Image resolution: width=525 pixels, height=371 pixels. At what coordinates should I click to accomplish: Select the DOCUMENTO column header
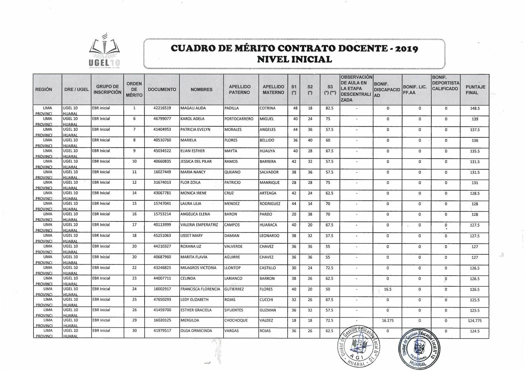[x=162, y=89]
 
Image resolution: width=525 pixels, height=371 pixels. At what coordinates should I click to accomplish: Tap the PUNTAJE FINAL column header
[x=475, y=90]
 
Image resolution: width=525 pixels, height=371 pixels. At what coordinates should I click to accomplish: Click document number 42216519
[x=162, y=108]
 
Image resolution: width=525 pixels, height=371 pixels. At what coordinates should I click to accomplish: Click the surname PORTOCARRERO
[x=239, y=119]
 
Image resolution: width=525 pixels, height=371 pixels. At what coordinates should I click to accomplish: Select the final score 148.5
[x=475, y=109]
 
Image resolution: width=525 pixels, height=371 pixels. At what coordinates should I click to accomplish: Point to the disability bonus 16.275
[x=388, y=321]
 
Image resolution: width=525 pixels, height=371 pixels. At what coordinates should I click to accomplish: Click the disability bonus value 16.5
[x=388, y=289]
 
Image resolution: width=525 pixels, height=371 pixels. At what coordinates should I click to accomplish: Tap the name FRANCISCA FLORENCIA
[x=200, y=289]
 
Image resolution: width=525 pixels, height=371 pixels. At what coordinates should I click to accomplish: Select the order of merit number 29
[x=134, y=320]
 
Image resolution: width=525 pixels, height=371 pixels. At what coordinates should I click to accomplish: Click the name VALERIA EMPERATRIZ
[x=199, y=225]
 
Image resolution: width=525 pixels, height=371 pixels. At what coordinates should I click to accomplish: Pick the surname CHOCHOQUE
[x=236, y=320]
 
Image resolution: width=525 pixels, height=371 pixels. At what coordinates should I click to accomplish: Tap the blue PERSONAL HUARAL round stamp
[x=419, y=349]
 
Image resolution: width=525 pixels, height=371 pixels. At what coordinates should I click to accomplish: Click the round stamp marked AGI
[x=358, y=346]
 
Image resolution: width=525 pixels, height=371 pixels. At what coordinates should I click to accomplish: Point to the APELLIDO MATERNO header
[x=273, y=89]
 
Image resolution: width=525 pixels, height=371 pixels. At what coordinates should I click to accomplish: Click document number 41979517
[x=162, y=331]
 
